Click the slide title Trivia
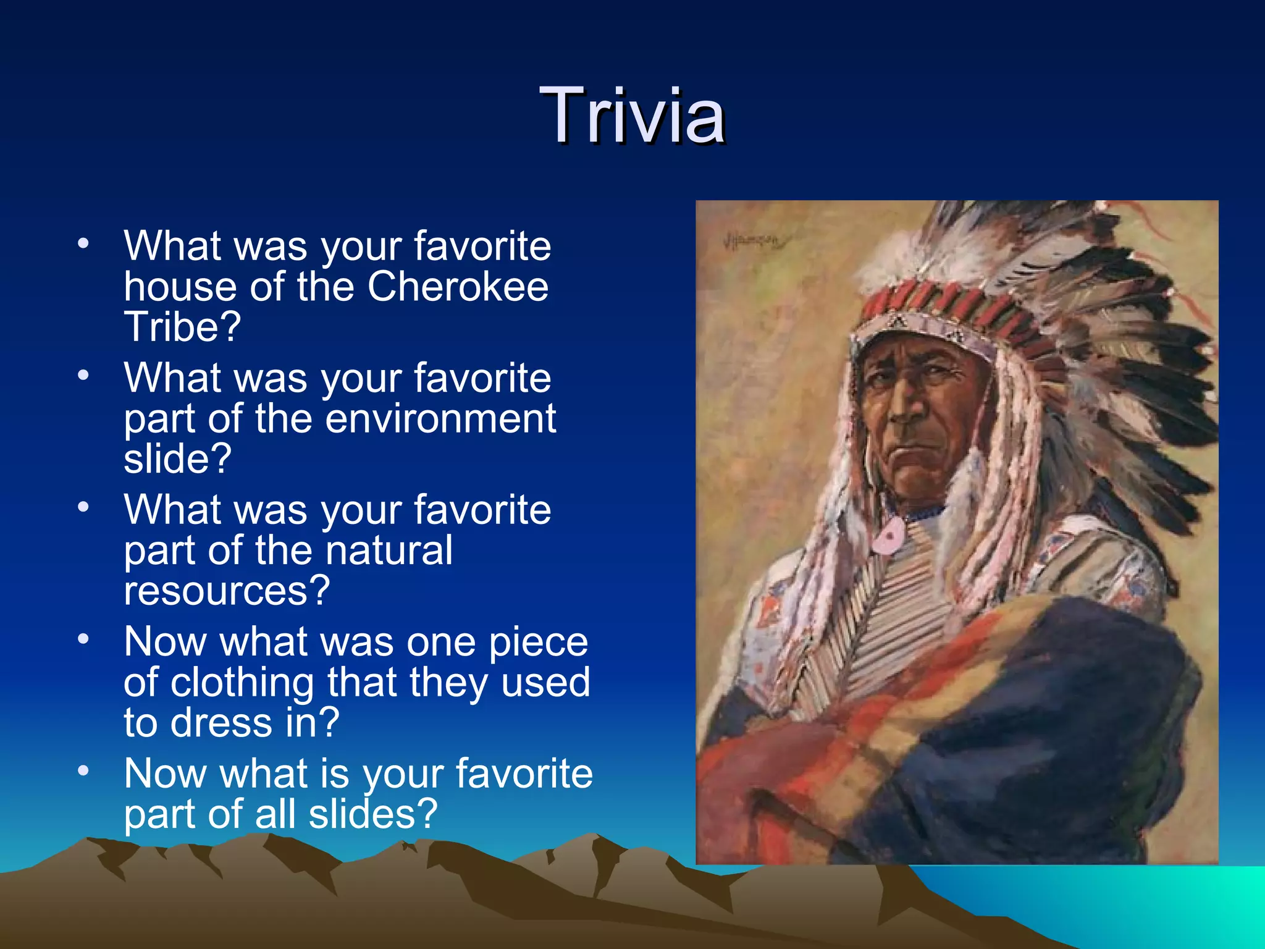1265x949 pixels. [632, 116]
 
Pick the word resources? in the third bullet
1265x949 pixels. [227, 591]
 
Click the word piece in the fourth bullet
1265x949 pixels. [538, 643]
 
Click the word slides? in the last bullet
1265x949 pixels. [373, 814]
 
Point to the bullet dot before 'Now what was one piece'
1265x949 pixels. [84, 639]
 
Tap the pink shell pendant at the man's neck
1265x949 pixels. [888, 536]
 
